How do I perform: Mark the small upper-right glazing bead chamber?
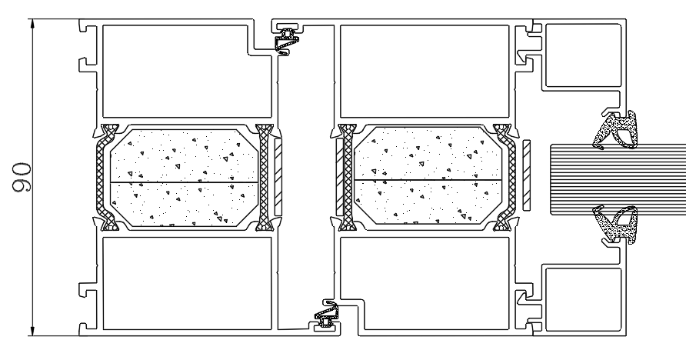pos(582,55)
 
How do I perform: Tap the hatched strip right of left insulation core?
pos(278,177)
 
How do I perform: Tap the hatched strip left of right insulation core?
pos(338,177)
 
